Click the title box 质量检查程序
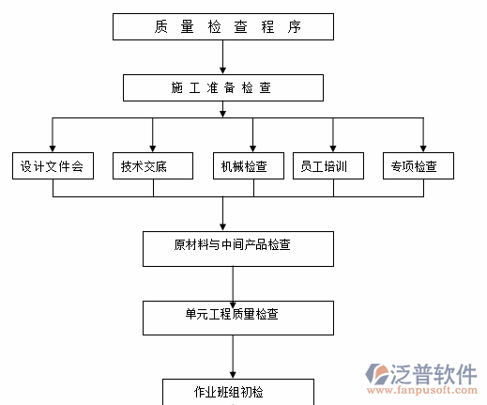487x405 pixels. [222, 26]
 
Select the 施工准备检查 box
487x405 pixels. [222, 87]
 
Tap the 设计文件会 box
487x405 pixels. [53, 166]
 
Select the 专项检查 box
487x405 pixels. [418, 166]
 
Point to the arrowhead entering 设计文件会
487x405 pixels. [53, 147]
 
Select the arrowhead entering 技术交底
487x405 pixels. [153, 147]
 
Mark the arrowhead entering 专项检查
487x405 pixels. [424, 147]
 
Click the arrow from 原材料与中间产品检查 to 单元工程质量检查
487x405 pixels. [233, 283]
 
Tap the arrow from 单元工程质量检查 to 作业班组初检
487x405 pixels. [233, 357]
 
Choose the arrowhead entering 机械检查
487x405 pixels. [253, 147]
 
